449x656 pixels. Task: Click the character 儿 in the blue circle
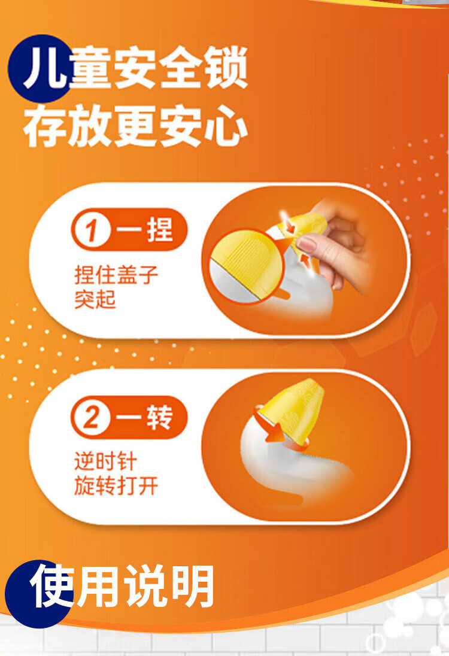(45, 68)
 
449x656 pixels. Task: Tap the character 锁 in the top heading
(226, 68)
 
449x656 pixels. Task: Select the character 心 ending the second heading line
(226, 126)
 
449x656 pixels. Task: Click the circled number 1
(92, 230)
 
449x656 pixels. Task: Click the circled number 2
(92, 417)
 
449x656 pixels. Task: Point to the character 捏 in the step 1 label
(159, 230)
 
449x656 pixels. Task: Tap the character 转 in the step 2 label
(159, 417)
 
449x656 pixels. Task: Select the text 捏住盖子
(116, 275)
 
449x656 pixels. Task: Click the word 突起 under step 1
(95, 299)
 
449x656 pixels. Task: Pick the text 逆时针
(106, 461)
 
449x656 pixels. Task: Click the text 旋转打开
(116, 486)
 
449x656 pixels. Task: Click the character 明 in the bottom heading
(193, 586)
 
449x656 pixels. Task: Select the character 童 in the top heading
(90, 68)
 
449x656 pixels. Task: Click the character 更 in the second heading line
(135, 126)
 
